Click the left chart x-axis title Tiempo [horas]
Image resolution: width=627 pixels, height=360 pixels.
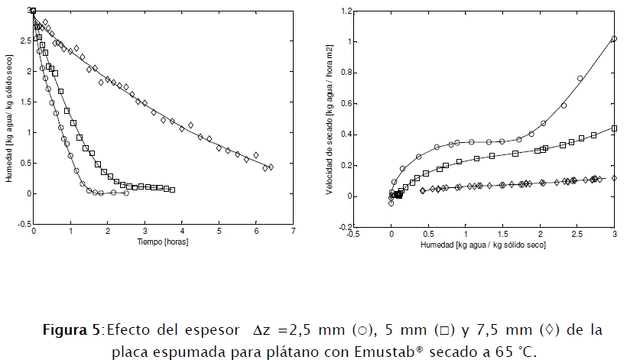pyautogui.click(x=163, y=242)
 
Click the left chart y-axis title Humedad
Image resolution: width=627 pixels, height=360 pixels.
pyautogui.click(x=8, y=119)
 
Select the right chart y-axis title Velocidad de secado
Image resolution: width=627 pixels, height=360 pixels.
pyautogui.click(x=330, y=119)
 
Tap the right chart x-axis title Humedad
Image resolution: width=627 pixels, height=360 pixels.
pyautogui.click(x=483, y=246)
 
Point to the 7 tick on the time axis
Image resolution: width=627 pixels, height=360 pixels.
pyautogui.click(x=293, y=232)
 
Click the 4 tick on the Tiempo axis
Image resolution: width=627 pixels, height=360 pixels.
pyautogui.click(x=182, y=232)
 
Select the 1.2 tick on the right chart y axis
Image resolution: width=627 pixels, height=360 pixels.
pyautogui.click(x=346, y=11)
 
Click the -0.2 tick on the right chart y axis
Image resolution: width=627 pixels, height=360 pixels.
pyautogui.click(x=346, y=227)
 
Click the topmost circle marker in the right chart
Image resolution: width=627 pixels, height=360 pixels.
pyautogui.click(x=614, y=38)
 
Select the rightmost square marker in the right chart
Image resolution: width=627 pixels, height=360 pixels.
pyautogui.click(x=614, y=128)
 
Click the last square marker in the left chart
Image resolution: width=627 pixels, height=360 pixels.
pyautogui.click(x=172, y=190)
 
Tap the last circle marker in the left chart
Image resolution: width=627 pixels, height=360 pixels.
pyautogui.click(x=126, y=193)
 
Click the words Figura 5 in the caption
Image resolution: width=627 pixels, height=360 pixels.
pyautogui.click(x=71, y=330)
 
